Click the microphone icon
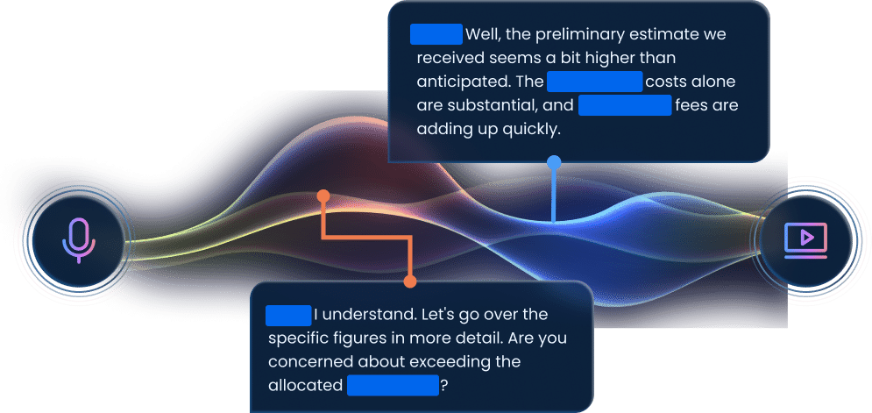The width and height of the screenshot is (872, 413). click(x=78, y=239)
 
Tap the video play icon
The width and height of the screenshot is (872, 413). click(x=805, y=239)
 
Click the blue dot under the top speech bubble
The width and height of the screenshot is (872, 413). click(x=553, y=162)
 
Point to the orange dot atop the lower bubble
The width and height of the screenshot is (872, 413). click(x=409, y=281)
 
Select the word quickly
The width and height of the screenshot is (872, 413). click(x=527, y=129)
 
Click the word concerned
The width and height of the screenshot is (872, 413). click(x=308, y=361)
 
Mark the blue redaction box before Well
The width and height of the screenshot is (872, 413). click(x=436, y=34)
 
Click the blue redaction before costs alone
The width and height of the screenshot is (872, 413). click(x=595, y=82)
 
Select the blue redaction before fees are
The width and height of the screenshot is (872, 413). click(x=625, y=106)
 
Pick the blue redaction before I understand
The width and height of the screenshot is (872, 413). click(x=288, y=314)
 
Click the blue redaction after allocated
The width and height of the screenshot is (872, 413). click(x=392, y=385)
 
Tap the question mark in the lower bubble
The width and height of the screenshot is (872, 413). click(x=443, y=385)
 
